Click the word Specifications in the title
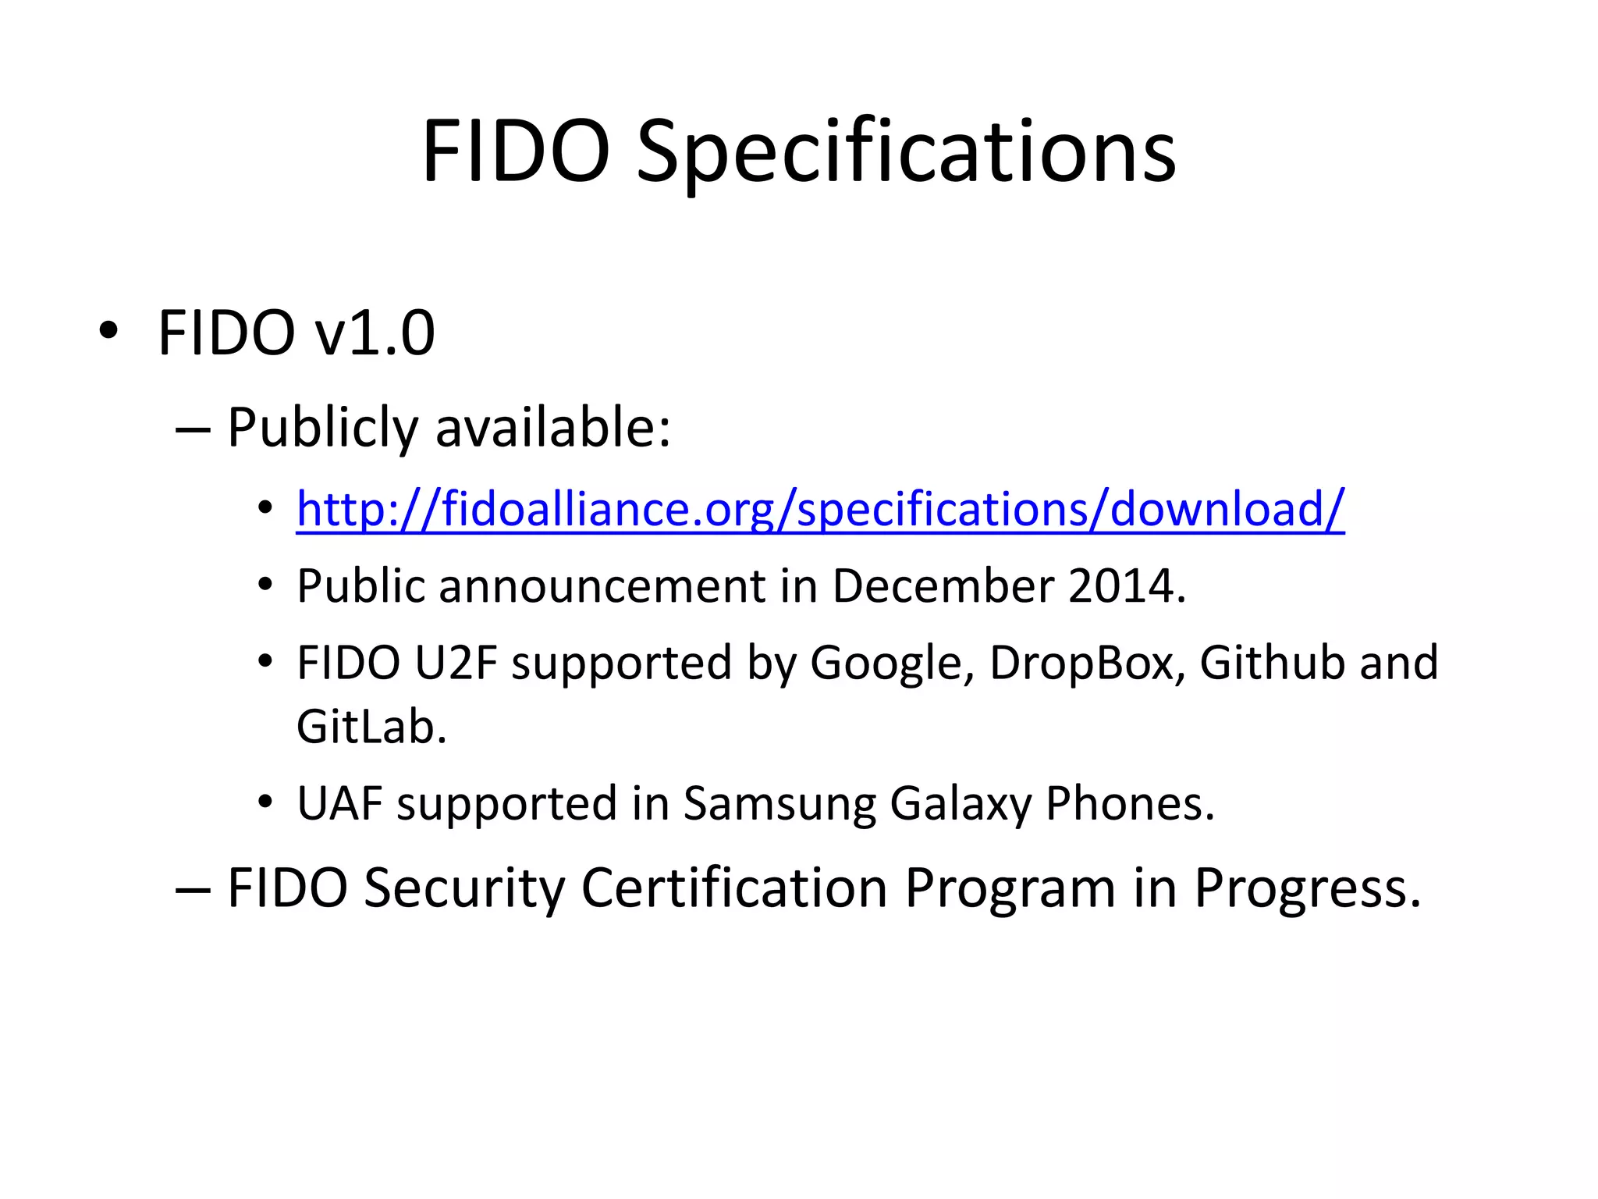tap(906, 152)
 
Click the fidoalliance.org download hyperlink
tap(820, 510)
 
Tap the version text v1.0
tap(375, 333)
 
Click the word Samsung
tap(779, 804)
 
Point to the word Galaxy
tap(961, 804)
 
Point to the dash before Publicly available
tap(193, 429)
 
